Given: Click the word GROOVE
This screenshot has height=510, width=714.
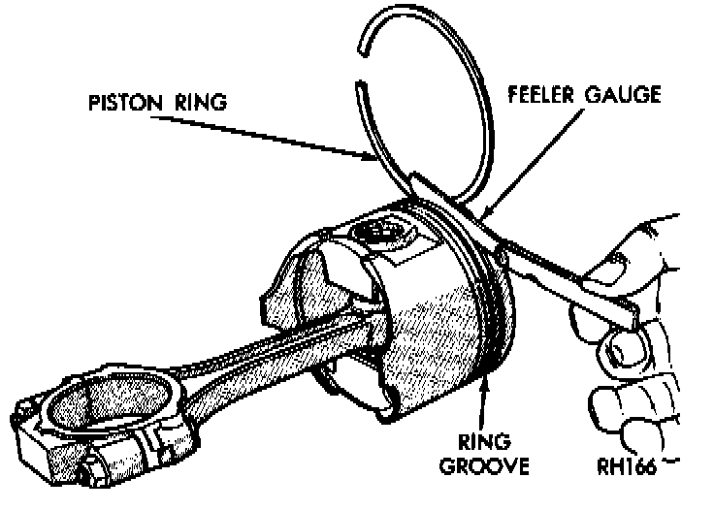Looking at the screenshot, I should click(x=484, y=466).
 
